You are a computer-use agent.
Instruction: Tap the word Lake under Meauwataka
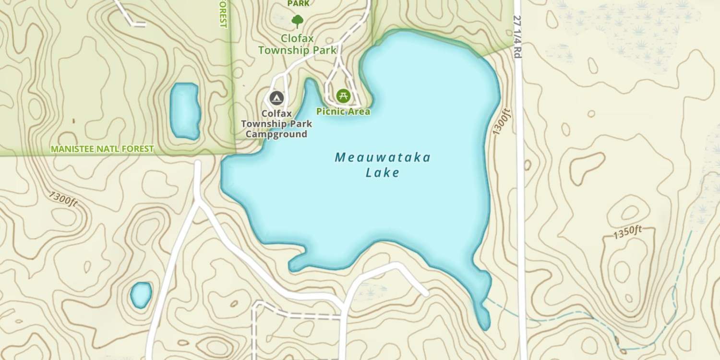[x=383, y=173]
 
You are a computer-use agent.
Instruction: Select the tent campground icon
[x=276, y=98]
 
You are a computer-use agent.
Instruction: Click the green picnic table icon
[x=343, y=96]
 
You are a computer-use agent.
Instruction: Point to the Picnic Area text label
[x=343, y=111]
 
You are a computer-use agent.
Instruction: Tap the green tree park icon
[x=298, y=21]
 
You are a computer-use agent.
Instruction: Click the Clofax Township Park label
[x=298, y=44]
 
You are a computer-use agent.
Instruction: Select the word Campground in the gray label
[x=276, y=134]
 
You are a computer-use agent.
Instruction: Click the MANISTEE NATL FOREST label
[x=102, y=149]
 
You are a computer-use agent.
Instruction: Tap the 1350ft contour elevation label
[x=627, y=232]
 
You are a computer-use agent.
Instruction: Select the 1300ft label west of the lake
[x=63, y=199]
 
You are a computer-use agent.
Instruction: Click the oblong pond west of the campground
[x=185, y=111]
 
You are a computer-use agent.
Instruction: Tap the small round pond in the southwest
[x=141, y=294]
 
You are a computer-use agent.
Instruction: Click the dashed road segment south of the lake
[x=298, y=315]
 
